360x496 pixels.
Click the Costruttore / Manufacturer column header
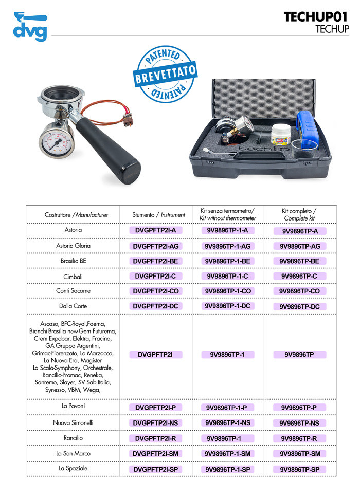coord(76,215)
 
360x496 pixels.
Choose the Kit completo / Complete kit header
coord(299,214)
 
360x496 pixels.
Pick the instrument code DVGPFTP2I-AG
coord(156,246)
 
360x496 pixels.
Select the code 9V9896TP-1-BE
coord(227,261)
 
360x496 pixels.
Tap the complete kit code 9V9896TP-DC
coord(300,306)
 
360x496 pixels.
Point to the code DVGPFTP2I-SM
coord(156,454)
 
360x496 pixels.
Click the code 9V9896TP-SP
coord(300,469)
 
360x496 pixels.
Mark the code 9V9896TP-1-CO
coord(227,291)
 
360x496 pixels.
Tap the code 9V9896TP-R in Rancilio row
coord(300,438)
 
